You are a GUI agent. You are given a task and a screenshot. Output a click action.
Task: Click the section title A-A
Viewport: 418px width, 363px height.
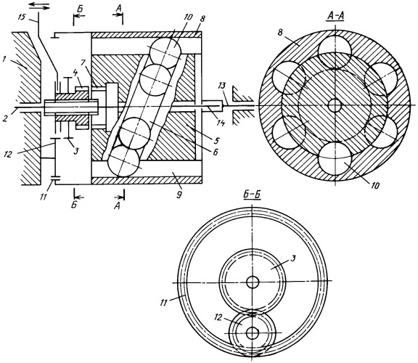pyautogui.click(x=335, y=16)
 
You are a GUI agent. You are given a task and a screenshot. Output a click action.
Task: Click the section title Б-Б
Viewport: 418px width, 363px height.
pyautogui.click(x=253, y=195)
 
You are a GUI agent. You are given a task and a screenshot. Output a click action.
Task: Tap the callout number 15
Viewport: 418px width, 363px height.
pyautogui.click(x=22, y=17)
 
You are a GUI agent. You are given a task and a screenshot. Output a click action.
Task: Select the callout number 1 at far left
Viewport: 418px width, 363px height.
pyautogui.click(x=4, y=60)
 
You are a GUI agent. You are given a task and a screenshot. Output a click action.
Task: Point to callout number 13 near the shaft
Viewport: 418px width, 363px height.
pyautogui.click(x=222, y=86)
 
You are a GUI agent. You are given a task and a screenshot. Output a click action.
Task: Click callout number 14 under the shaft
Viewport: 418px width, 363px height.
pyautogui.click(x=221, y=123)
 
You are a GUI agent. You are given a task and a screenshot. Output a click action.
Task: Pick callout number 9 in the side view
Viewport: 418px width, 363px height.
pyautogui.click(x=179, y=195)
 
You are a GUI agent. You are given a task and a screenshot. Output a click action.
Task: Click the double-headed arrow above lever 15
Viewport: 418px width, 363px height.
pyautogui.click(x=39, y=6)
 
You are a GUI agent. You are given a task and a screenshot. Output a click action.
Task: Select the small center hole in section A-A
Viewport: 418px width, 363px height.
pyautogui.click(x=335, y=105)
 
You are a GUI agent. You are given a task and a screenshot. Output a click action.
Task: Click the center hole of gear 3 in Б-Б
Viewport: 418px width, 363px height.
pyautogui.click(x=253, y=282)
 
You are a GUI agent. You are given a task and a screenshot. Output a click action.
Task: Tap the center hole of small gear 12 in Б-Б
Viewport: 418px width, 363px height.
pyautogui.click(x=253, y=333)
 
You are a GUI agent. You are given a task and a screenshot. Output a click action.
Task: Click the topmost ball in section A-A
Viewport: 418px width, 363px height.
pyautogui.click(x=335, y=52)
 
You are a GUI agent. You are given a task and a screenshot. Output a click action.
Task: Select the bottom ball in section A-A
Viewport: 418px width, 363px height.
pyautogui.click(x=335, y=158)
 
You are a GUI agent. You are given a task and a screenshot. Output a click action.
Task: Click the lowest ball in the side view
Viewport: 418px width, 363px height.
pyautogui.click(x=123, y=162)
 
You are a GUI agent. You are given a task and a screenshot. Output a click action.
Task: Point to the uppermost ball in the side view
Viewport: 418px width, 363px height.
pyautogui.click(x=165, y=53)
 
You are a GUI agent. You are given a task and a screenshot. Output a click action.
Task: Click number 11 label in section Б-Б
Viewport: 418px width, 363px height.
pyautogui.click(x=164, y=303)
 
